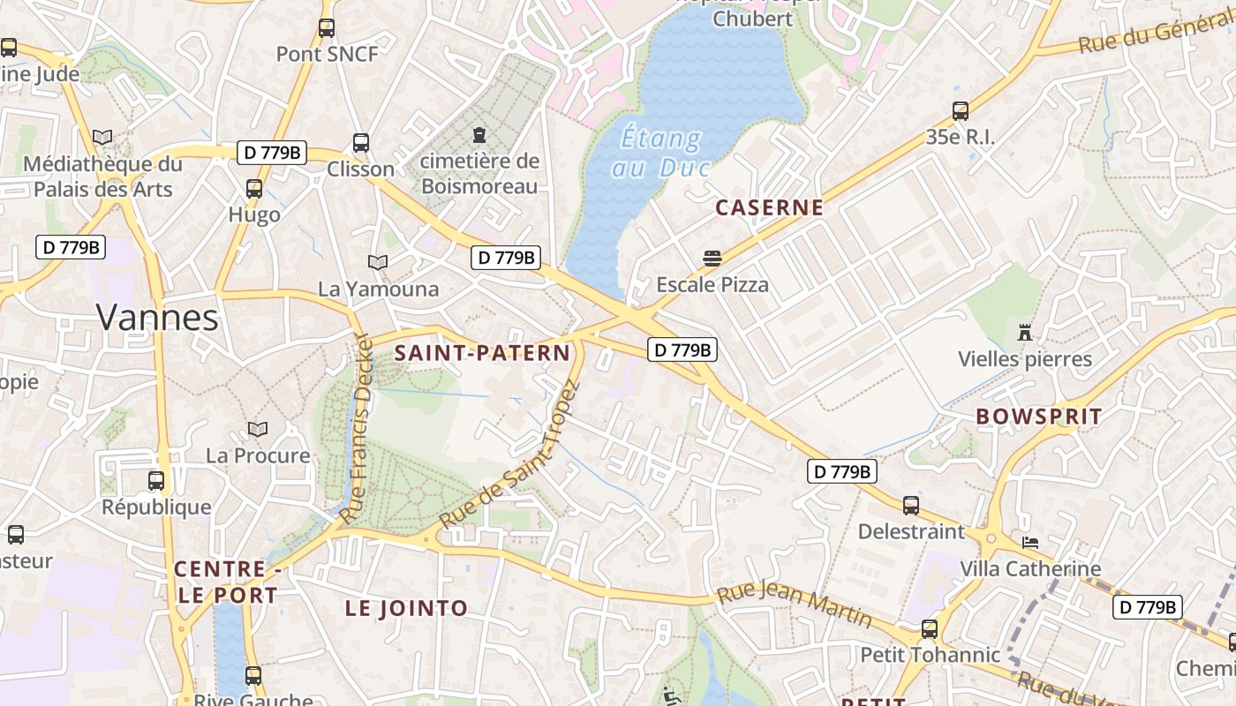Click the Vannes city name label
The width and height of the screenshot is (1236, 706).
tap(157, 318)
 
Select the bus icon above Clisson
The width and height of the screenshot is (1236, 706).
tap(360, 143)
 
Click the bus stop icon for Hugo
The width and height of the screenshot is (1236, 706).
tap(254, 188)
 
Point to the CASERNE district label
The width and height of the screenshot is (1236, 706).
tap(769, 208)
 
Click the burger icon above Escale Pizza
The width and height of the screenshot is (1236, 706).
tap(712, 259)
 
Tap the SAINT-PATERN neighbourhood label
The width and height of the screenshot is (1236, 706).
tap(482, 353)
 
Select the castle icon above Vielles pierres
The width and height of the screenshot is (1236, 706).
tap(1025, 333)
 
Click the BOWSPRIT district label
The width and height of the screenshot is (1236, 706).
tap(1039, 417)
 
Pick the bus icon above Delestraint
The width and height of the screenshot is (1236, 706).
tap(911, 506)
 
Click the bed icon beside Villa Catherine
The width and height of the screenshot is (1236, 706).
tap(1030, 542)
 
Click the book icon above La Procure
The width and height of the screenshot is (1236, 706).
tap(258, 430)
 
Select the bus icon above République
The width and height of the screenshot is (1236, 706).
tap(156, 481)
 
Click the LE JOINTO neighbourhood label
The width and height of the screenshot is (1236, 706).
tap(406, 608)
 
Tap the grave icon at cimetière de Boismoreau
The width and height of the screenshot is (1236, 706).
tap(479, 135)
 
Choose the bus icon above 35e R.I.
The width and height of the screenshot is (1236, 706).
tap(961, 111)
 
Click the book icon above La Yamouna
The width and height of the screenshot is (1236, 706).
tap(378, 262)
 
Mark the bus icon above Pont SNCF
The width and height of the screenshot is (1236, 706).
tap(327, 28)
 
